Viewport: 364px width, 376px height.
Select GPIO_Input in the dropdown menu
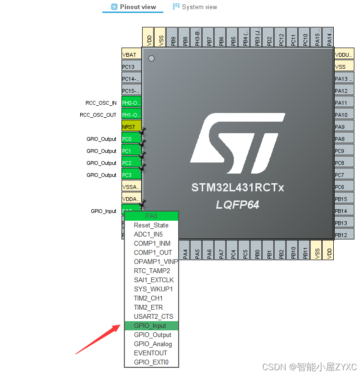150,326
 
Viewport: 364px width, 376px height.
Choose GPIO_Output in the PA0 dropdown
153,335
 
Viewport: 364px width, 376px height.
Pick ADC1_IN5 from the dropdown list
148,234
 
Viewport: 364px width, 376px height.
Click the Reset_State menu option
151,225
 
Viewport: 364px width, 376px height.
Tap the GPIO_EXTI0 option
151,362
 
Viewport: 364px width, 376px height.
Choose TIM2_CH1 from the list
148,298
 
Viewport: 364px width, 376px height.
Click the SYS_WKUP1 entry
153,289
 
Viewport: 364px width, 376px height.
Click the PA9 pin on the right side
344,127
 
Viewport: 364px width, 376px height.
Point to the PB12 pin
344,235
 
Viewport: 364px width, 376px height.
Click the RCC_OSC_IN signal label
101,103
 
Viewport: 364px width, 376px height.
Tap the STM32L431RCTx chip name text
238,188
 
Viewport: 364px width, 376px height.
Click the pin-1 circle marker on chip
152,59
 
